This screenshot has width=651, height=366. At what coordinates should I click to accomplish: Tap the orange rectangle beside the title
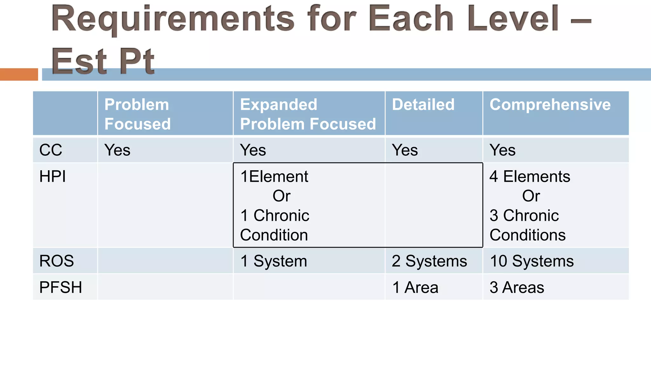click(x=19, y=74)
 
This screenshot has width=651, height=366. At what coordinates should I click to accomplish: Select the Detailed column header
click(x=423, y=105)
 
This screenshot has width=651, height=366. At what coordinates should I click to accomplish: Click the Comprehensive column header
click(x=550, y=105)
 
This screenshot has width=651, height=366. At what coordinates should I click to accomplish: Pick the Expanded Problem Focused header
click(x=308, y=114)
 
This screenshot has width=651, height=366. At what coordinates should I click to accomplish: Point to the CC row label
click(x=51, y=150)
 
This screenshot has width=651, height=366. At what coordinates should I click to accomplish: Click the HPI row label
click(x=52, y=176)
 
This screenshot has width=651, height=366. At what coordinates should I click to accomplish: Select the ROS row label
click(x=57, y=261)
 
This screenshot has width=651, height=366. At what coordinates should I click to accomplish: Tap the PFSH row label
click(x=60, y=287)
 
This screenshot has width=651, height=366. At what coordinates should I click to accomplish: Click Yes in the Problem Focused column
click(x=117, y=150)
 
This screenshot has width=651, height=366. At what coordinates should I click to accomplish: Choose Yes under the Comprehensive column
click(x=502, y=150)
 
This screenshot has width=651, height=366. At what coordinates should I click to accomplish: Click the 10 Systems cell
click(x=531, y=261)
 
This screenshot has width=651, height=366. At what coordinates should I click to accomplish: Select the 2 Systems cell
click(x=429, y=261)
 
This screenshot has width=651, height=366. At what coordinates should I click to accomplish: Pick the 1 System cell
click(x=274, y=261)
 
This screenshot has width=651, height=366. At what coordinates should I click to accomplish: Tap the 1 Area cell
click(x=415, y=287)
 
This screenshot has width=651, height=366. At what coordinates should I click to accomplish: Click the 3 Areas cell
click(x=517, y=287)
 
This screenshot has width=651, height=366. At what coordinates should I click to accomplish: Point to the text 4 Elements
click(x=530, y=176)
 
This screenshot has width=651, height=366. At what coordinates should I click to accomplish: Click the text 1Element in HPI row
click(x=274, y=176)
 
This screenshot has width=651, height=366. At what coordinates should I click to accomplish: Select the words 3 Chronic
click(x=524, y=215)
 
